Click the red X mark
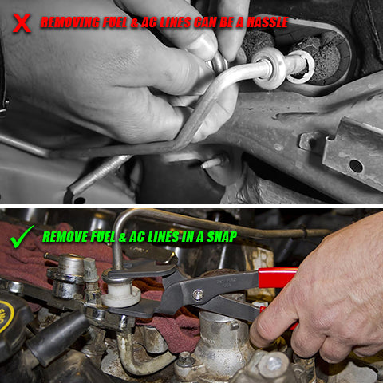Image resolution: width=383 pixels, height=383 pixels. click(x=22, y=22)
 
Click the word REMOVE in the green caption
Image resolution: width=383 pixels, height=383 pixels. click(x=65, y=236)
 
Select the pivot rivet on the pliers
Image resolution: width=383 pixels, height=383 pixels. click(x=197, y=294)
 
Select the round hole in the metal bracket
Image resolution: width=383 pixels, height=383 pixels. click(x=355, y=166)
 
